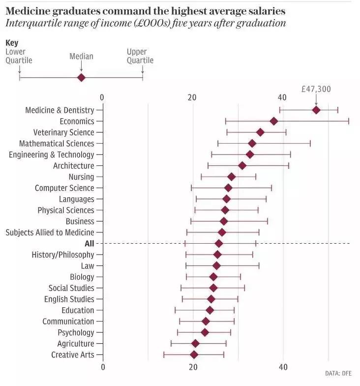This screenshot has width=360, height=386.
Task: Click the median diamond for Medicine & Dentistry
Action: (x=316, y=110)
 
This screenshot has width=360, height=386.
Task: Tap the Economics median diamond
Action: (x=274, y=121)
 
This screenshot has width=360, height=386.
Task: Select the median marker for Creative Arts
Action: (x=194, y=354)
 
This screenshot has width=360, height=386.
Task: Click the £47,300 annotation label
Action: (x=316, y=89)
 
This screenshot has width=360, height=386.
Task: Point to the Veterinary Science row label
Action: (x=63, y=132)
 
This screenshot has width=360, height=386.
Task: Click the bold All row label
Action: (x=89, y=243)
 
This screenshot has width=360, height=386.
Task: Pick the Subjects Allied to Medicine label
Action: (x=50, y=232)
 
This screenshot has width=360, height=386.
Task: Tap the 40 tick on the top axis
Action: (x=282, y=97)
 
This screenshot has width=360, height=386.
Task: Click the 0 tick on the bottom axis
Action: (x=103, y=367)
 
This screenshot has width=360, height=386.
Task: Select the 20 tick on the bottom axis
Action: (x=193, y=367)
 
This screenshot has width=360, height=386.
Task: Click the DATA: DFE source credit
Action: (x=339, y=374)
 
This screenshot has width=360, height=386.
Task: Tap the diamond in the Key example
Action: (x=81, y=77)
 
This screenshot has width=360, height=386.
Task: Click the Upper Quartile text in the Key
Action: (x=140, y=56)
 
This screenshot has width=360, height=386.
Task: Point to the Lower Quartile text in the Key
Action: (x=19, y=56)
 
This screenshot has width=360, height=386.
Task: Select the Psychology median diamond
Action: (x=205, y=332)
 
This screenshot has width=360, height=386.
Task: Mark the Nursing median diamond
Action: (x=231, y=177)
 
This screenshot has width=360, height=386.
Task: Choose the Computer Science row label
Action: (x=64, y=188)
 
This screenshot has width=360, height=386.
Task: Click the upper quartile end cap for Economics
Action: (x=349, y=121)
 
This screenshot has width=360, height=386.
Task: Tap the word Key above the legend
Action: (x=12, y=43)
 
